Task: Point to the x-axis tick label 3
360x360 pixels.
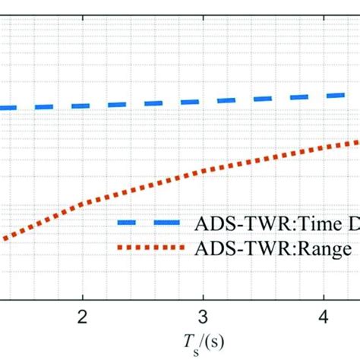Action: point(202,317)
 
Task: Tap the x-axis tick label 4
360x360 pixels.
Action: point(323,317)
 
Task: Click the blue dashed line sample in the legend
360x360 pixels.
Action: point(149,223)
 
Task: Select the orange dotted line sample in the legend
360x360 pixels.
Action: point(149,248)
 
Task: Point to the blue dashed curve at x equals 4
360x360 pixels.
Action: point(323,96)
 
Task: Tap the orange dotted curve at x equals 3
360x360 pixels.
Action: point(202,171)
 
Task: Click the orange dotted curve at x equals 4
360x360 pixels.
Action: point(323,147)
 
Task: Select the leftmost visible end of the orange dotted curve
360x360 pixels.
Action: point(2,238)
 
